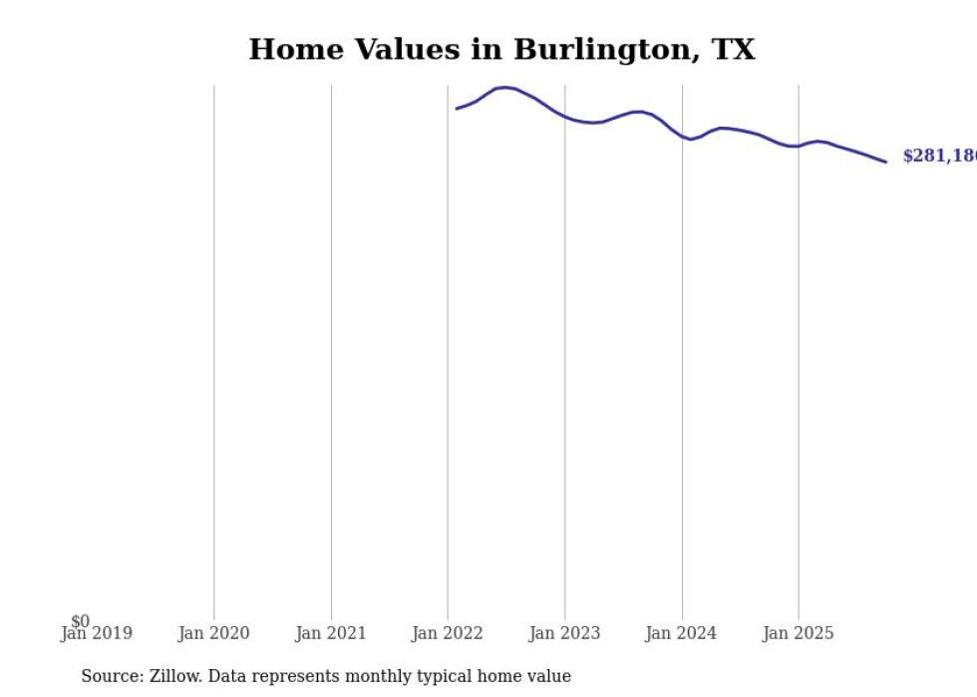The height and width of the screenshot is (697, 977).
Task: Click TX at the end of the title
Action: [x=733, y=50]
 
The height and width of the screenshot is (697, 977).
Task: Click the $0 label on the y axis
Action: [x=80, y=621]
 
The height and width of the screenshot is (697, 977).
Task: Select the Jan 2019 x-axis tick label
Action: [x=96, y=633]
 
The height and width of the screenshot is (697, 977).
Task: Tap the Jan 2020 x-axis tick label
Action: [x=213, y=633]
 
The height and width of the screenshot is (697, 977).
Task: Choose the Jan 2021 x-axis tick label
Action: [x=331, y=633]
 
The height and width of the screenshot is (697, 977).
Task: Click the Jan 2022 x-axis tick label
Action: [x=448, y=633]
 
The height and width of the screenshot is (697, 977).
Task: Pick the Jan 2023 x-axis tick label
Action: [x=565, y=633]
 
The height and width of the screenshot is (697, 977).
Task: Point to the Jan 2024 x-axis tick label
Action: [x=682, y=633]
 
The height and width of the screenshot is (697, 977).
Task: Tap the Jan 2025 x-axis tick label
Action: [x=799, y=633]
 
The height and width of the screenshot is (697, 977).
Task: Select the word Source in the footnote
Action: [x=112, y=676]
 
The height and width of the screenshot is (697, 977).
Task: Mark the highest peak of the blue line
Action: [x=505, y=88]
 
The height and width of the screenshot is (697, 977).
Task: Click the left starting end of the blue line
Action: [x=457, y=109]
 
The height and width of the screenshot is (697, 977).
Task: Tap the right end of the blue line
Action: [x=885, y=162]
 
